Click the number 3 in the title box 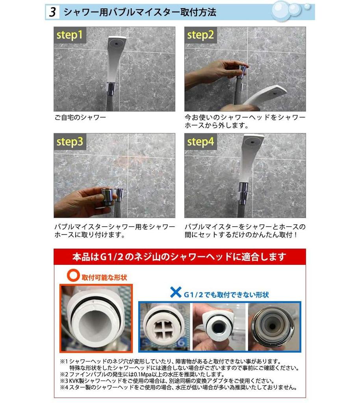point(52,12)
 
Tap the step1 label point(69,35)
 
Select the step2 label point(200,35)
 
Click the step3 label point(70,142)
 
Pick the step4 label point(200,142)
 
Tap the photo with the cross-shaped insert point(164,327)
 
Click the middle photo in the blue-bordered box point(219,327)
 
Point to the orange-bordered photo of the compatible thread point(96,318)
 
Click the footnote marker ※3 point(65,381)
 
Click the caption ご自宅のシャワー point(81,118)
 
